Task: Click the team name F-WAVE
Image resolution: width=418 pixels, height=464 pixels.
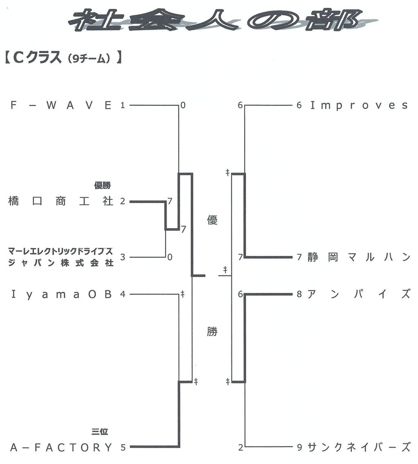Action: coord(61,105)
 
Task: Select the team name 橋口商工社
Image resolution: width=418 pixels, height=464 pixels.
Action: coord(61,201)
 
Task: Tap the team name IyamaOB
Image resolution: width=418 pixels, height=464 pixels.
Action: coord(61,294)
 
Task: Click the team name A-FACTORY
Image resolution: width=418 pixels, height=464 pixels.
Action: coord(61,447)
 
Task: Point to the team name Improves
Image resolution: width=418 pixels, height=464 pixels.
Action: coord(359,105)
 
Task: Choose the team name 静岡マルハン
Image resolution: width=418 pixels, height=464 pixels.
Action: coord(359,257)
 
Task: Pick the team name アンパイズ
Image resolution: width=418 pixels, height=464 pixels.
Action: coord(359,294)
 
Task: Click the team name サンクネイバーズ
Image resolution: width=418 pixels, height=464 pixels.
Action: coord(359,447)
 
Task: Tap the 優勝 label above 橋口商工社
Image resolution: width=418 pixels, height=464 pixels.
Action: coord(103,186)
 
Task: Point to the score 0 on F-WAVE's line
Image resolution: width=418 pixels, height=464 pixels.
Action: coord(183,105)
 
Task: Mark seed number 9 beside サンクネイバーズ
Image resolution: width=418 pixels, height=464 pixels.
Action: coord(300,448)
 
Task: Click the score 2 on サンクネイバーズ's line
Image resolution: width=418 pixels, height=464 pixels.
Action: coord(241,448)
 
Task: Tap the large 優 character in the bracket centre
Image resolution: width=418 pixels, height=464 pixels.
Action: coord(212,220)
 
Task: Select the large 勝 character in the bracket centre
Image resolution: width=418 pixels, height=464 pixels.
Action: coord(212,332)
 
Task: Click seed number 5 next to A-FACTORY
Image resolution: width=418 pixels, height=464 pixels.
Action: coord(123,448)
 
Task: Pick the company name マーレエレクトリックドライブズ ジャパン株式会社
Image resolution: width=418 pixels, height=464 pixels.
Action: coord(61,257)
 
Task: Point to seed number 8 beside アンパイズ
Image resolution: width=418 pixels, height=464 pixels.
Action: coord(300,294)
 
